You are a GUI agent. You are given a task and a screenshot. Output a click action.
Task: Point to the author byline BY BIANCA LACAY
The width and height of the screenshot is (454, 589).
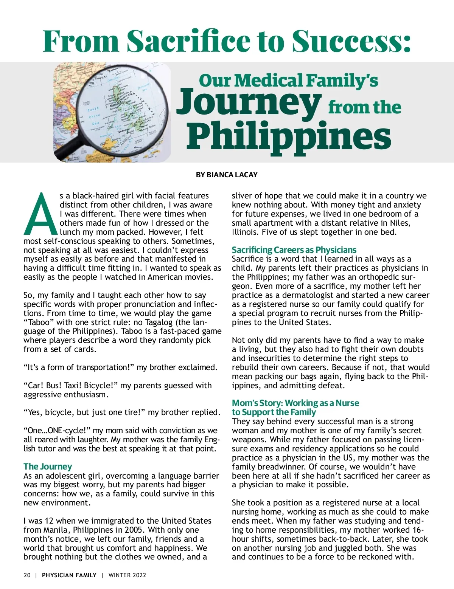[x=227, y=175]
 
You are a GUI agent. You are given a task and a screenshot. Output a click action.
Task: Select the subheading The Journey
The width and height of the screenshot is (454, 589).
[x=48, y=467]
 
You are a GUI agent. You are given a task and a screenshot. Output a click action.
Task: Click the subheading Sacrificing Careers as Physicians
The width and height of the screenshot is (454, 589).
[x=294, y=250]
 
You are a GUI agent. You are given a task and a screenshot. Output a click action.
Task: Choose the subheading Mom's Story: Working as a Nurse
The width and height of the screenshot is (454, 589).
[x=295, y=403]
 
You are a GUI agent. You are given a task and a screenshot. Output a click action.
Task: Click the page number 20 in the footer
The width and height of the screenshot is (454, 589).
[x=27, y=575]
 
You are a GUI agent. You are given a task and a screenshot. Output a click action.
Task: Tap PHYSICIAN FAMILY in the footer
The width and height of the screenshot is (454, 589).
[x=69, y=575]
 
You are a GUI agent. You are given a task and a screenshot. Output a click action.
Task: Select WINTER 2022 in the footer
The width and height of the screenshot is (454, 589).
[x=127, y=575]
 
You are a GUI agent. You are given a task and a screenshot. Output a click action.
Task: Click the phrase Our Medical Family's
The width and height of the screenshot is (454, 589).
[x=288, y=80]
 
